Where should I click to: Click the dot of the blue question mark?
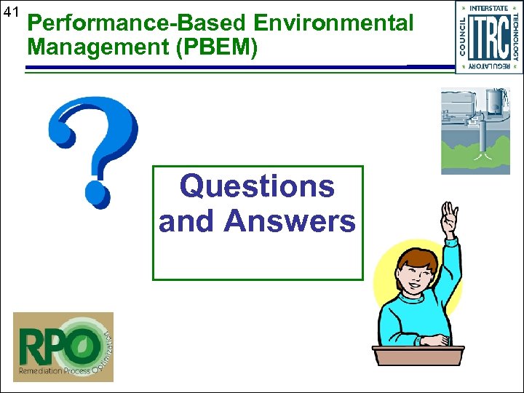[96, 193]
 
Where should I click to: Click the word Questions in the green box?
[257, 186]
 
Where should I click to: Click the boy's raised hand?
[450, 217]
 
